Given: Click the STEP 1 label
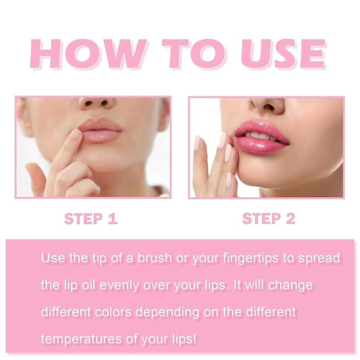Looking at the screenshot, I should click(91, 218).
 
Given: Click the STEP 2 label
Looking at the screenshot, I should click(268, 218).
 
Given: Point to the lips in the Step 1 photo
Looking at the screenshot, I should click(100, 130).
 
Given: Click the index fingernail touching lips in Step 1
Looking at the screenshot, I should click(75, 135).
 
